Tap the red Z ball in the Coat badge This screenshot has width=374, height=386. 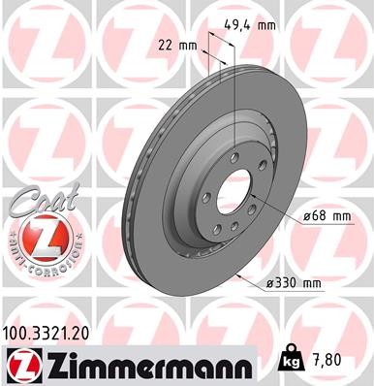[x=38, y=238]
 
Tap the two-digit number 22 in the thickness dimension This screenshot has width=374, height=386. [x=167, y=45]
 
